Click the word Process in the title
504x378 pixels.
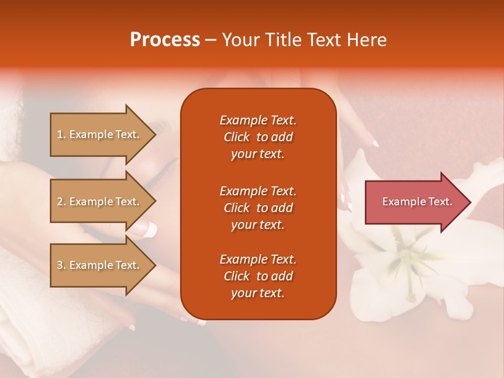tap(165, 40)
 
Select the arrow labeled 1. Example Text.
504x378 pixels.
tap(100, 134)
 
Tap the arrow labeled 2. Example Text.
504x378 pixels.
tap(100, 202)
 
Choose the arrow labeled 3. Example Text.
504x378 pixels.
tap(100, 265)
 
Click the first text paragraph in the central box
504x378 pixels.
tap(258, 137)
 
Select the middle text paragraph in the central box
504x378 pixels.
tap(258, 208)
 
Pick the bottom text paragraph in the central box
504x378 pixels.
tap(258, 276)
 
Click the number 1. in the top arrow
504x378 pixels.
tap(61, 134)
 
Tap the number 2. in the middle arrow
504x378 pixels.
tap(61, 202)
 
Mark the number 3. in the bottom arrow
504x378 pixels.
tap(61, 265)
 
